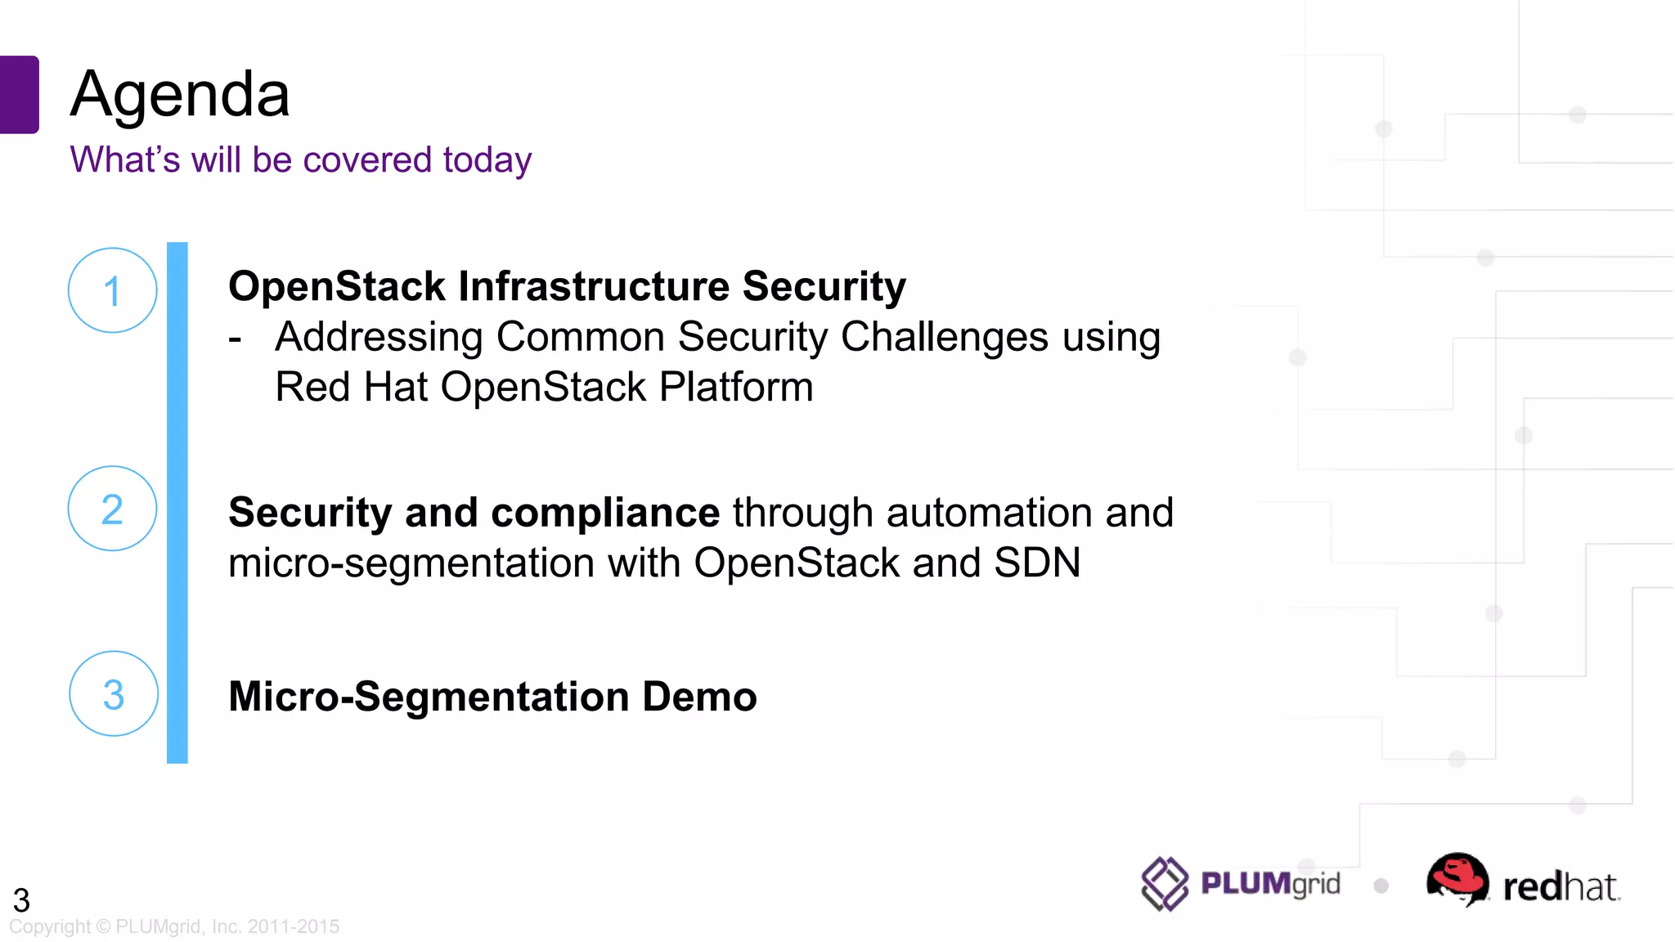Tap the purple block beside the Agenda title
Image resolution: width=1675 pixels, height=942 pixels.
point(19,94)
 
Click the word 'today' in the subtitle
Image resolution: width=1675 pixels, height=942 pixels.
point(487,159)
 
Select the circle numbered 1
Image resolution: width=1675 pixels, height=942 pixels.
point(112,290)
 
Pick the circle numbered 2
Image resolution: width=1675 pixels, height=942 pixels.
point(112,509)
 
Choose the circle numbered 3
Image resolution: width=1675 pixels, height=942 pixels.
point(114,694)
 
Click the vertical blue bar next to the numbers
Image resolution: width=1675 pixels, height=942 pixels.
point(177,503)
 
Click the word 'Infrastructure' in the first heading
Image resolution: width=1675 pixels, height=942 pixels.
point(594,286)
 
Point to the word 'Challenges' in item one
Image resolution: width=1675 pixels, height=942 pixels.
point(944,337)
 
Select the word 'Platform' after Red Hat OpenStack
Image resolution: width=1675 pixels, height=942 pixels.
point(736,387)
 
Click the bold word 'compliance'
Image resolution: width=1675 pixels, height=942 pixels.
point(605,513)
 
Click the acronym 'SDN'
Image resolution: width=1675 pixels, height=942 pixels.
point(1037,563)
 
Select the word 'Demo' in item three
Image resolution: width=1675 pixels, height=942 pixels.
point(699,697)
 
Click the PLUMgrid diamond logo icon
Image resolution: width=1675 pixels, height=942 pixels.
point(1164,884)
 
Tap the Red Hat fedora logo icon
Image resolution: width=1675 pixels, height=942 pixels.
point(1457,879)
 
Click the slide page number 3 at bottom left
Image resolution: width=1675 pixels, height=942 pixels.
point(21,900)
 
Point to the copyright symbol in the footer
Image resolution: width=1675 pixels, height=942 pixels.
point(103,926)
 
